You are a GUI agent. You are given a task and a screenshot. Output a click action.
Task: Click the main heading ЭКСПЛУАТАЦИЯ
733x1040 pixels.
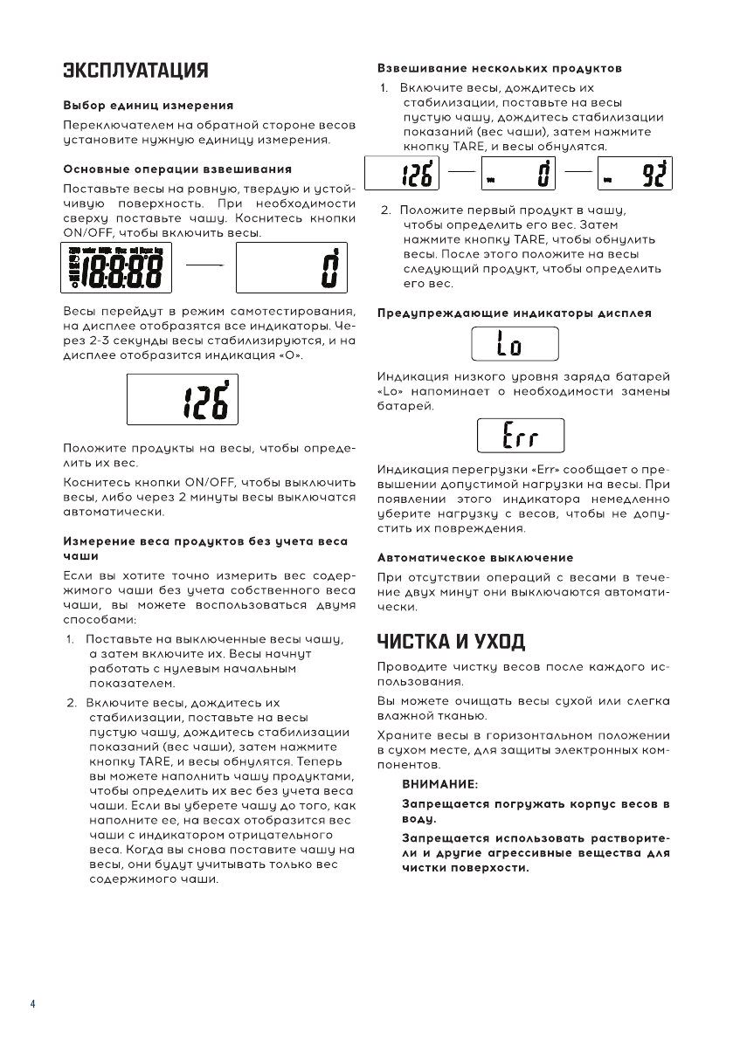click(135, 71)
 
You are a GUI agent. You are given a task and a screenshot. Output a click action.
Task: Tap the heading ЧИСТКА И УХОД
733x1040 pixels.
click(451, 643)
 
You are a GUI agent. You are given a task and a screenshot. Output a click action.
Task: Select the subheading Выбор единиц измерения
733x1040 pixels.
click(147, 105)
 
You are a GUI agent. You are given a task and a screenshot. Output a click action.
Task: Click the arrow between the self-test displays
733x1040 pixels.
click(204, 268)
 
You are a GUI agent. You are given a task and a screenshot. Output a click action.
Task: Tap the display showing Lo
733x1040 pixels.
click(515, 345)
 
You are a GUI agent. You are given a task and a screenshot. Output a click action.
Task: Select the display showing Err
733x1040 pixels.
click(522, 436)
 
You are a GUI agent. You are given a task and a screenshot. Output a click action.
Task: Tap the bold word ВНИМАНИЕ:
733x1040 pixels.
click(439, 785)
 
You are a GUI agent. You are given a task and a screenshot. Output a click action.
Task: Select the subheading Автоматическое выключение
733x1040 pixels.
click(474, 557)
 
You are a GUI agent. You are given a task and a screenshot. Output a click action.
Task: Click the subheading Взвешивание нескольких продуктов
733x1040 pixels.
click(499, 67)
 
